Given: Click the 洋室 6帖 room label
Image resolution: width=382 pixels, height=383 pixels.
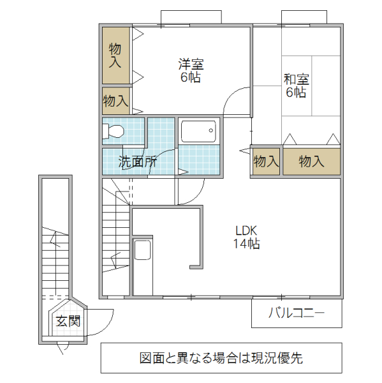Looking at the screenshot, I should (191, 71).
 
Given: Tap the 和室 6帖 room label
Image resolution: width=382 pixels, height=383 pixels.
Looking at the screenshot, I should (296, 86).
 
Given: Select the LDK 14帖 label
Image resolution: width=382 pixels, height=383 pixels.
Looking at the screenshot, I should (246, 237).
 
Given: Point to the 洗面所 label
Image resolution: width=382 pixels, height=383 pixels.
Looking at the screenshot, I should (137, 161).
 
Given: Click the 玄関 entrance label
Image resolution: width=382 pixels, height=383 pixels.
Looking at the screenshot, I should (67, 321).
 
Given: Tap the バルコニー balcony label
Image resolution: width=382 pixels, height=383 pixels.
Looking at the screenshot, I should (296, 313).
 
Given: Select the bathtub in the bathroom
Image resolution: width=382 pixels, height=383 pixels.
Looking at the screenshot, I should (198, 132).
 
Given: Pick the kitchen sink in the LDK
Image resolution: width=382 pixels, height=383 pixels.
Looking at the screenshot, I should (142, 250).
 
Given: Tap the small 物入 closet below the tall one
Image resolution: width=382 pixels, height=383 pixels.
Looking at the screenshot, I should (115, 100).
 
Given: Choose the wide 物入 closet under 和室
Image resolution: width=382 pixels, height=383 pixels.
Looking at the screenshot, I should (311, 161).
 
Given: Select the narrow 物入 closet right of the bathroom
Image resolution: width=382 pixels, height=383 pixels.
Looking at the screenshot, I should (265, 161).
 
